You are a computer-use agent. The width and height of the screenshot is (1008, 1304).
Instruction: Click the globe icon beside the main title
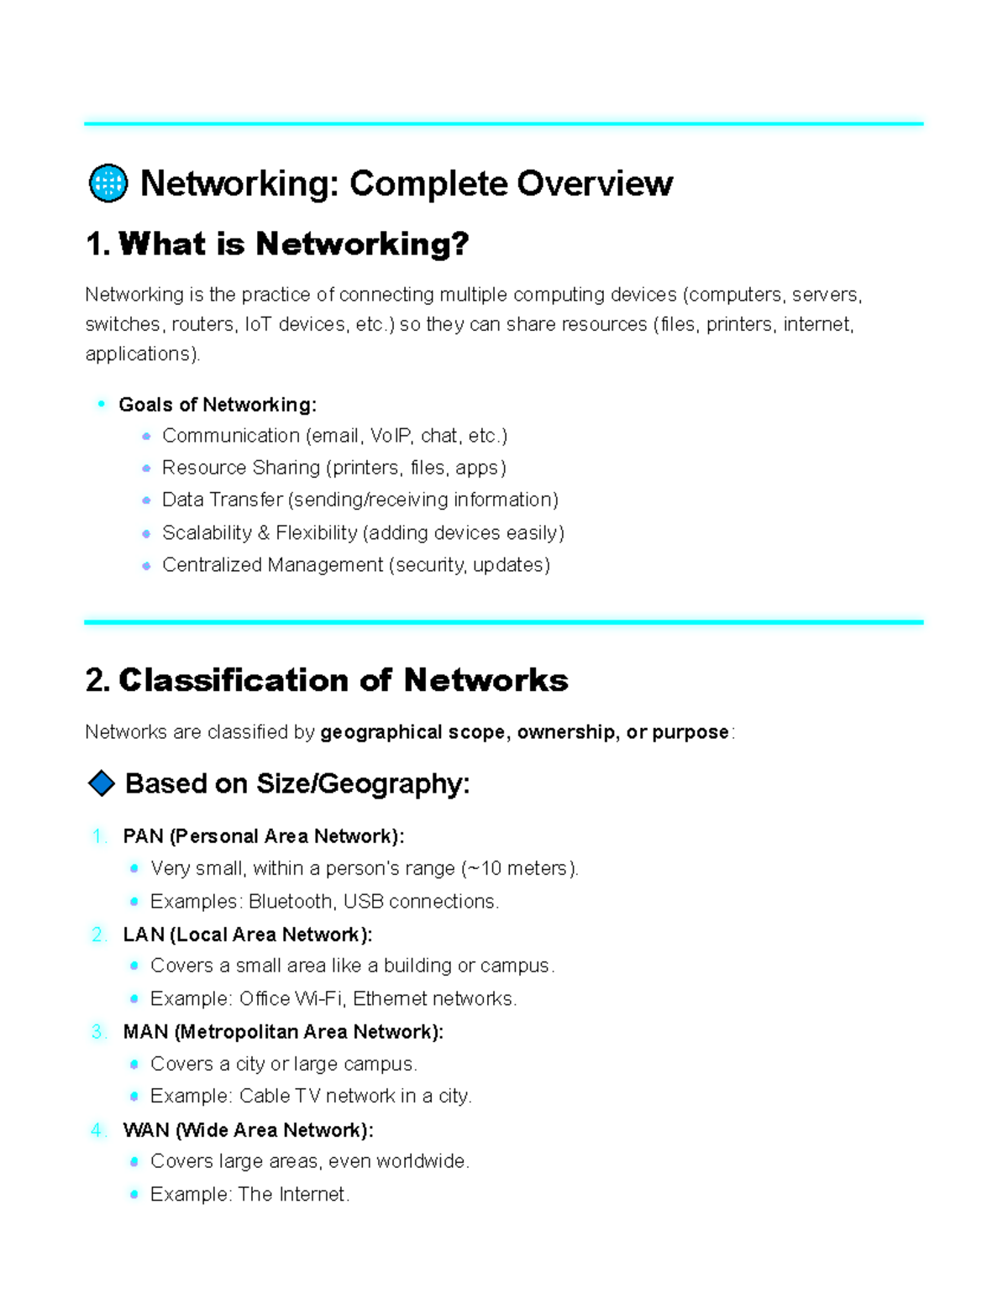pyautogui.click(x=108, y=183)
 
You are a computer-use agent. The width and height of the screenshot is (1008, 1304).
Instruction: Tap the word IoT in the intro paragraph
pyautogui.click(x=259, y=324)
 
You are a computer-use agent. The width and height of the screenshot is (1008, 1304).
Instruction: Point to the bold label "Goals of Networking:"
pyautogui.click(x=218, y=405)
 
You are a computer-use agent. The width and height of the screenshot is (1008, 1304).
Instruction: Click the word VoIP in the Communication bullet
pyautogui.click(x=391, y=436)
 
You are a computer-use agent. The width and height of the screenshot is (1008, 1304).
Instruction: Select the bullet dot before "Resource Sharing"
pyautogui.click(x=147, y=469)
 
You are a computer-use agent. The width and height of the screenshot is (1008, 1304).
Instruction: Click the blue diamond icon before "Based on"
pyautogui.click(x=102, y=783)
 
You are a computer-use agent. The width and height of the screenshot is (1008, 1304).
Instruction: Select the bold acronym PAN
pyautogui.click(x=143, y=836)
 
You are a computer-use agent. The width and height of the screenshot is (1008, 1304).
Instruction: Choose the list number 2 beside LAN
pyautogui.click(x=98, y=935)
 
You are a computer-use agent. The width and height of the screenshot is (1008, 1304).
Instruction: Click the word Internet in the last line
pyautogui.click(x=312, y=1195)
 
